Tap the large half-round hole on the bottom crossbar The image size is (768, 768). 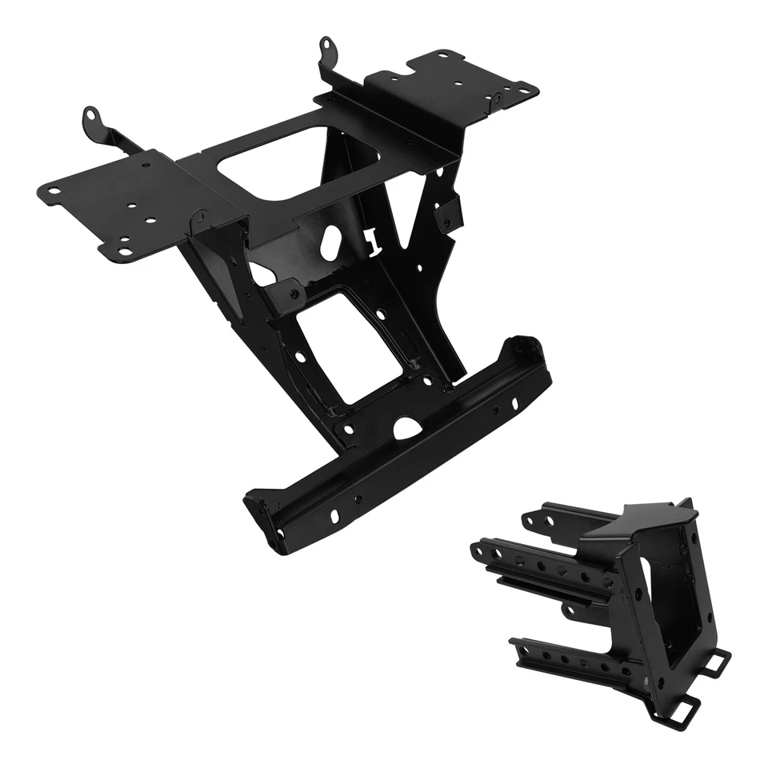point(407,428)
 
